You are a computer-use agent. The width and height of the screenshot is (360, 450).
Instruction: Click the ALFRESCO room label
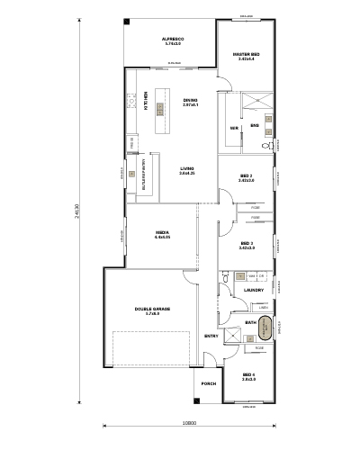(x=171, y=39)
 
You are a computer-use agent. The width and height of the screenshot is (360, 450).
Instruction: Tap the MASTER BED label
(x=247, y=55)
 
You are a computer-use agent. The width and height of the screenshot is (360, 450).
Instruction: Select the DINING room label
(x=190, y=100)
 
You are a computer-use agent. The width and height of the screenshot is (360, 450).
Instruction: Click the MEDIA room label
(x=163, y=233)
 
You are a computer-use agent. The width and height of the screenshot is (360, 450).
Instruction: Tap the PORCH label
(x=208, y=383)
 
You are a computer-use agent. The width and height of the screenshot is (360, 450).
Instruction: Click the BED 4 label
(x=248, y=376)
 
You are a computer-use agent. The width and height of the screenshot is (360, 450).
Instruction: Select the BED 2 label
(x=247, y=176)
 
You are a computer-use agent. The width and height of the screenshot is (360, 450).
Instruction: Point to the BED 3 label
(x=247, y=243)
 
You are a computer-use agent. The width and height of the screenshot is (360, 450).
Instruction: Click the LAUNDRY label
(x=253, y=290)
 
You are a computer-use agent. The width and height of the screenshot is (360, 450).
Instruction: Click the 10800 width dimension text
(x=189, y=423)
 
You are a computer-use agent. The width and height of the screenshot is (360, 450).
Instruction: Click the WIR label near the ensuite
(x=234, y=129)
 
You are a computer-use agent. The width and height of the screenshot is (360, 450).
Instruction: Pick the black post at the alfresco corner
(x=127, y=22)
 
